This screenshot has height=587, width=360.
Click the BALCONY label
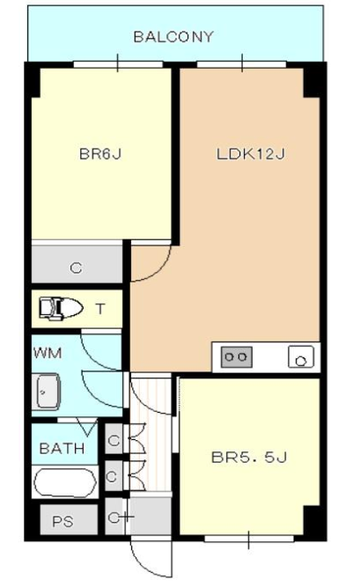coord(173,37)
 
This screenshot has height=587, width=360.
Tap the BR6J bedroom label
coord(100,154)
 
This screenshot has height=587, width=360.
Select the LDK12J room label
coord(251,154)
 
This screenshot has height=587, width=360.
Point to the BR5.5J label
coord(249,457)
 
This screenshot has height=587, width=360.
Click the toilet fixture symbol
coord(61,309)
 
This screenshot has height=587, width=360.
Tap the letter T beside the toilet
coord(100,309)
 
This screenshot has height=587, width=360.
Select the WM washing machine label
coord(48,353)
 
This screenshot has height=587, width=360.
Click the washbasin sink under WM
coord(48,392)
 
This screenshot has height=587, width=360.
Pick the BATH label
coord(62,448)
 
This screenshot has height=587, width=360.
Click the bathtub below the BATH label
coord(65,482)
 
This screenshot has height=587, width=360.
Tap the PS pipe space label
coord(62,522)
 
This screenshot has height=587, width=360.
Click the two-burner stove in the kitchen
coord(237,356)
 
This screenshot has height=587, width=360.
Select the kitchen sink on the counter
coord(301,357)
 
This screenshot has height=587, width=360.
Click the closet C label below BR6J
coord(76,268)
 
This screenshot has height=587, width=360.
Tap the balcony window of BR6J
coord(118,64)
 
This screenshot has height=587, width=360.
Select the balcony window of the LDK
coord(242,64)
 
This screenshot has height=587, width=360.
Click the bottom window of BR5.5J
coord(249,539)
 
